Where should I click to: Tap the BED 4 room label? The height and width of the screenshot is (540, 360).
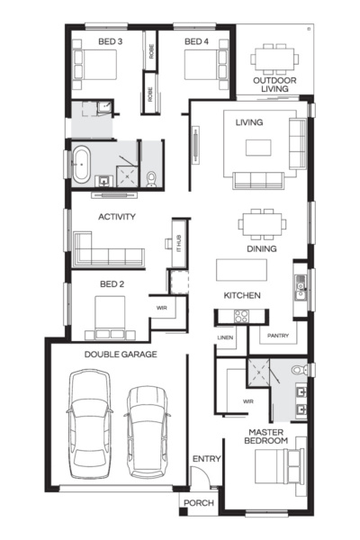point(197,41)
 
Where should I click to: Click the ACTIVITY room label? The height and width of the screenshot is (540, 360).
point(116,217)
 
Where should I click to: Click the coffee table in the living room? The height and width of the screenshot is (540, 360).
point(259,147)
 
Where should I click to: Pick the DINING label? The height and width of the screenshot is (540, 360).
point(261,248)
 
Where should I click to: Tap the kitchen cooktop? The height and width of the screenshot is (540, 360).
point(242,316)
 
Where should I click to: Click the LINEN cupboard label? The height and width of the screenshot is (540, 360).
point(226,337)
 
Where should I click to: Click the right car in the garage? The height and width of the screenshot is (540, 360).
point(147,430)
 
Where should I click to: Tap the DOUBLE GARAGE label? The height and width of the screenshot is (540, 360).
point(121,355)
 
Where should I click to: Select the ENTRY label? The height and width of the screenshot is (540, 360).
point(206,460)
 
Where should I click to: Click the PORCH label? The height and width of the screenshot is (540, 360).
point(199,503)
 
